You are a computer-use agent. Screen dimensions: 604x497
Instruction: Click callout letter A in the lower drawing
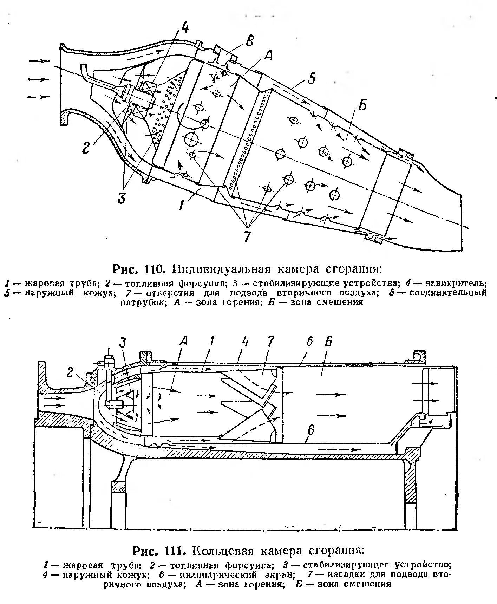coord(183,341)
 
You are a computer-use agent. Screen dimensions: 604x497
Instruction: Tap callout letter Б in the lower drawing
coord(329,341)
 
